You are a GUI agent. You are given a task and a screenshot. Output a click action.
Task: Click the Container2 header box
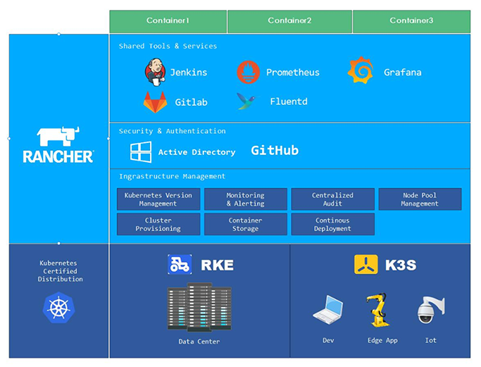pos(289,21)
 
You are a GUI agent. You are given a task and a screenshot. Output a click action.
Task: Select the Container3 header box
pos(411,21)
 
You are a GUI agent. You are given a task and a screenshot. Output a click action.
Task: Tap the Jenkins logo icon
pos(154,72)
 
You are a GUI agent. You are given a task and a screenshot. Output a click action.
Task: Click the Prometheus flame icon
pos(248,72)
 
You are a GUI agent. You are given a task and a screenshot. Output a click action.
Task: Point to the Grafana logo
pos(360,71)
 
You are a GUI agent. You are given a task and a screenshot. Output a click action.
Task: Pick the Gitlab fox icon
pos(155,101)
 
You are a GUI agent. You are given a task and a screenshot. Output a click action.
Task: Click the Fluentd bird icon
pos(246,101)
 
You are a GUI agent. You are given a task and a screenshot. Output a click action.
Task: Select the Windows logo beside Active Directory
pos(141,151)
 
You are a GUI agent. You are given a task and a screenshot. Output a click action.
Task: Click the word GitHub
pos(275,151)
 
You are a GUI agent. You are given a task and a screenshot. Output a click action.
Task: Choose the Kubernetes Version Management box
pos(158,199)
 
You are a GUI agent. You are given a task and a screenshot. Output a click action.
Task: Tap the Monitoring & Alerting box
pos(245,199)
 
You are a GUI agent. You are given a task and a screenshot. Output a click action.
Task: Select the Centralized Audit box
pos(332,199)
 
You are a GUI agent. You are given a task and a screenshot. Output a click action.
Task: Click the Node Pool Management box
pos(420,199)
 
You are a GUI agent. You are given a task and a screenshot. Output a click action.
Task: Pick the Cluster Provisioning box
pos(158,224)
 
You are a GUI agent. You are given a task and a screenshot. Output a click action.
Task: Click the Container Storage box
pos(245,224)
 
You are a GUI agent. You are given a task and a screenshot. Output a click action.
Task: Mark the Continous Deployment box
pos(332,224)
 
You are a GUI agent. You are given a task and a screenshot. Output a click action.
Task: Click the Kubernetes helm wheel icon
pos(58,306)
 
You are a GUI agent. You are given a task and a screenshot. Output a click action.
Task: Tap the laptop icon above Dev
pos(328,311)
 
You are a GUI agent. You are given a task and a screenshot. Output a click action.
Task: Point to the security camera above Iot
pos(429,310)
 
